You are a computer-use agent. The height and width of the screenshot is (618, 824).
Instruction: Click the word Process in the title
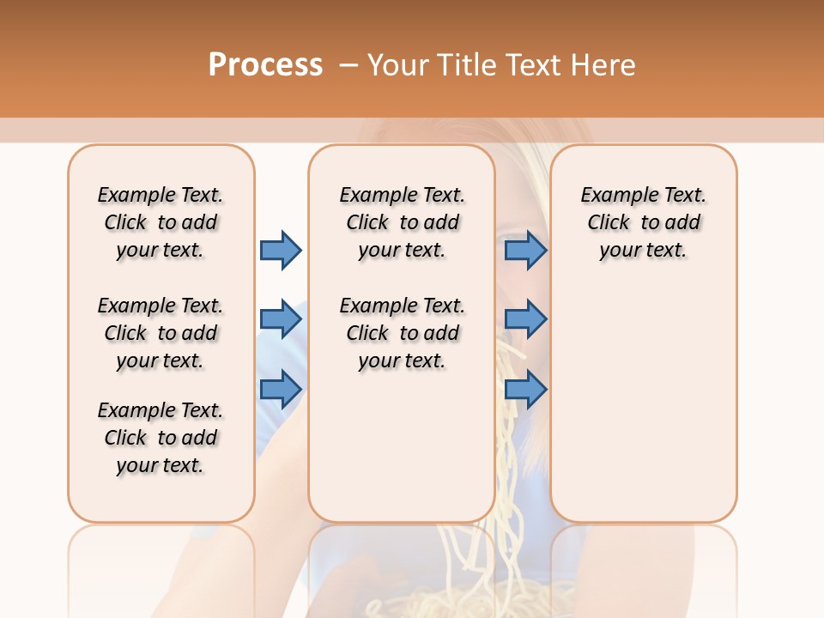click(x=265, y=64)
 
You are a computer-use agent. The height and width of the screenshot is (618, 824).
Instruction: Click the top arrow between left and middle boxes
click(x=281, y=250)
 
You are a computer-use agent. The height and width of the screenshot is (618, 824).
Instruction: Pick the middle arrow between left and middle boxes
click(x=281, y=319)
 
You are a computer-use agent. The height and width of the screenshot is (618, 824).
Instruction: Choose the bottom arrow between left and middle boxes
click(x=281, y=389)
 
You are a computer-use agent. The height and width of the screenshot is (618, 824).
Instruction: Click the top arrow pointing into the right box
click(x=525, y=250)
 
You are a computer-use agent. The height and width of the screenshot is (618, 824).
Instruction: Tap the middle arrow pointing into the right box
click(x=525, y=319)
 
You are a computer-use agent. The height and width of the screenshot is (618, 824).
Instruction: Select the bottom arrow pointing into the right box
click(x=525, y=389)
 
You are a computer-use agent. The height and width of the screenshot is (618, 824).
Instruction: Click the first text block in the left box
click(x=161, y=222)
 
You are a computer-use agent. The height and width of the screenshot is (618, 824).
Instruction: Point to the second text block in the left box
click(x=161, y=333)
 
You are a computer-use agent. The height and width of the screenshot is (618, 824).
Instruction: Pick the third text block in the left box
click(x=161, y=438)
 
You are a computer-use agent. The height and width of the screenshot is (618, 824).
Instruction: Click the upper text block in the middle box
click(x=402, y=222)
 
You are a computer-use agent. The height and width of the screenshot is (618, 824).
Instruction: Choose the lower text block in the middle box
click(x=402, y=333)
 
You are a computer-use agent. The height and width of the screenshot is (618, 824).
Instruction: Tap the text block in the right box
click(x=643, y=222)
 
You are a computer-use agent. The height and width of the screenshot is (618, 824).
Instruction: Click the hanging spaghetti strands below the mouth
click(x=511, y=429)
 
